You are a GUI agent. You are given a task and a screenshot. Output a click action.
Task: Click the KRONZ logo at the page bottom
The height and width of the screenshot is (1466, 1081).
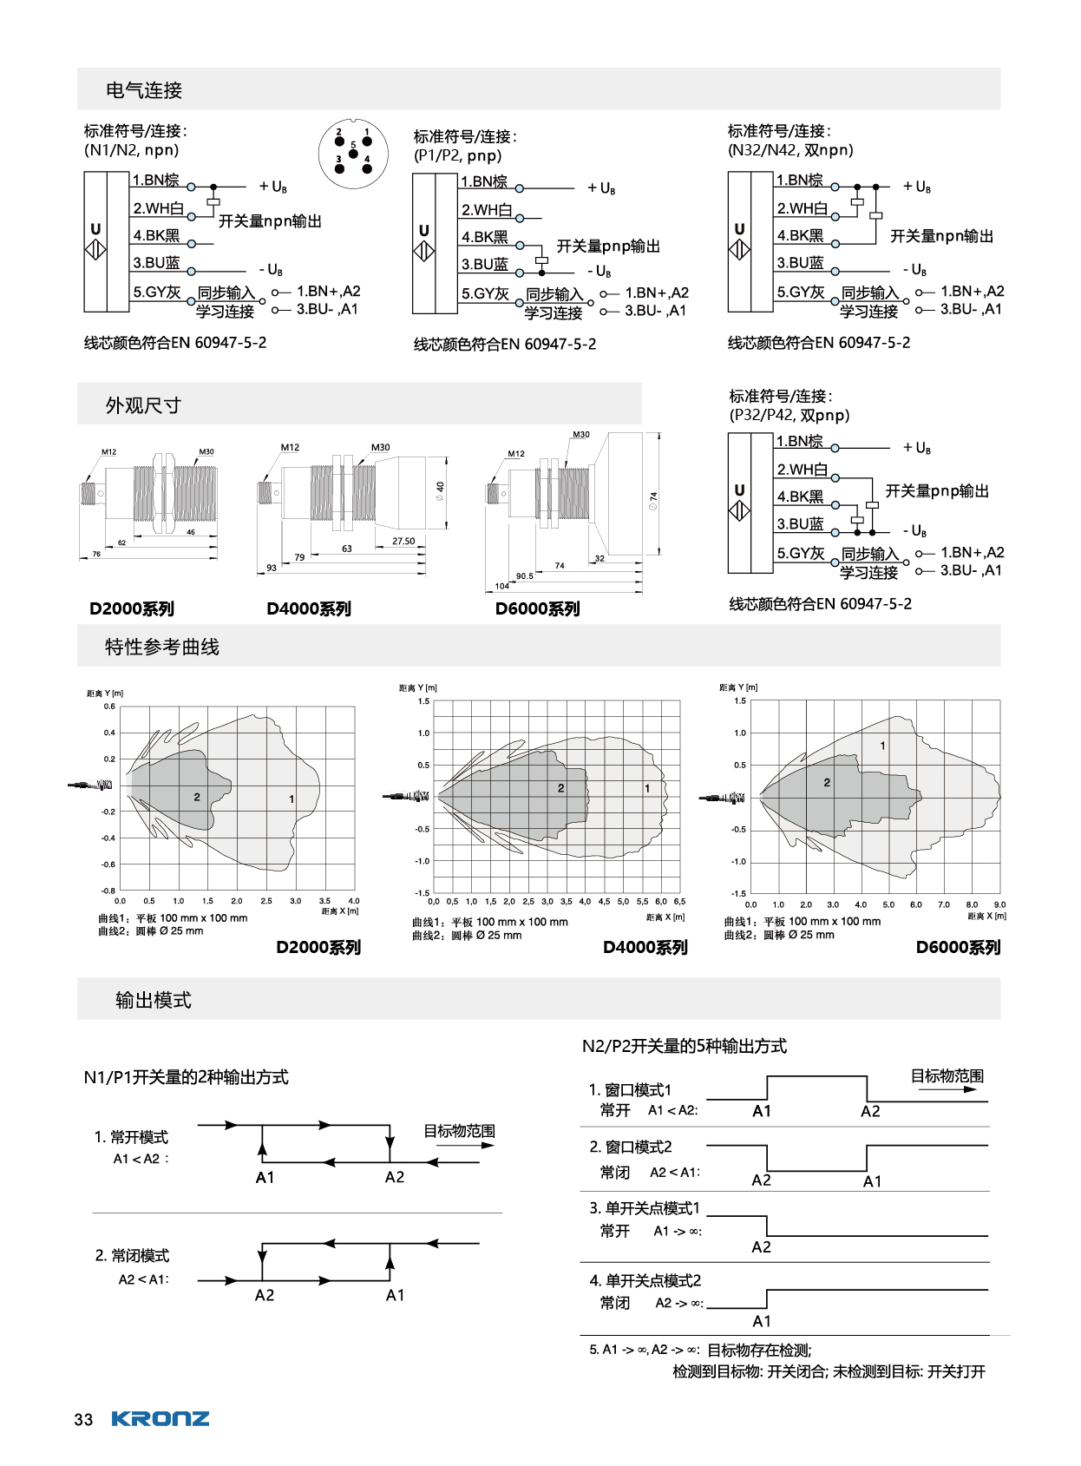pos(161,1419)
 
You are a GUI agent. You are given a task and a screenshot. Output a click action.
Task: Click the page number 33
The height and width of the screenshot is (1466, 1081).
pos(83,1420)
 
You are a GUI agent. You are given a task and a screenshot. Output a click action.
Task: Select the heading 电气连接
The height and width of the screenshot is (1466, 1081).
pos(144,90)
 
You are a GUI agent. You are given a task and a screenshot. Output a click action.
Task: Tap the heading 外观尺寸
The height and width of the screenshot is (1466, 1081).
pos(143,405)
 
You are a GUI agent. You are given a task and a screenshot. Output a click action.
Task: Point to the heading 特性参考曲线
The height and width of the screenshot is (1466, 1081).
pos(162,647)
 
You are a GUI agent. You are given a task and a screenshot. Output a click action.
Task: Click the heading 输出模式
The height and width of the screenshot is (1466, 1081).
pos(154,1000)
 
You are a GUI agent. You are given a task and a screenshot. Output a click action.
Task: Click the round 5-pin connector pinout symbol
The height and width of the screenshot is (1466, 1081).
pos(352,154)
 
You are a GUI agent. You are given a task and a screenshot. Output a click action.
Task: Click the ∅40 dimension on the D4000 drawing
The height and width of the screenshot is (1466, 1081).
pos(440,491)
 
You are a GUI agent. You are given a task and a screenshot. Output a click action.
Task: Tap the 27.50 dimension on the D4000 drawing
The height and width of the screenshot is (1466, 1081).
pos(403,541)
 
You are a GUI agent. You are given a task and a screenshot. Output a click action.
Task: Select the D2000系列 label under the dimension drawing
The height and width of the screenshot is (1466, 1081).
pos(132,608)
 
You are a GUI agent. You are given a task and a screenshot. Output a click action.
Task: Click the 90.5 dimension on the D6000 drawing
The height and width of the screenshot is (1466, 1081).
pos(525,575)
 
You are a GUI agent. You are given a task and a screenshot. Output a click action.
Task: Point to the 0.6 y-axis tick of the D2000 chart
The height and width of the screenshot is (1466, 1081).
pos(109,707)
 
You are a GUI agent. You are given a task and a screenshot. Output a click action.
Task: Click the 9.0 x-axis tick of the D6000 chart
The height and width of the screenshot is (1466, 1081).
pos(999,904)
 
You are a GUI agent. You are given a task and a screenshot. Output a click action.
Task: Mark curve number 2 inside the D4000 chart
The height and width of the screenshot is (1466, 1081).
pos(560,788)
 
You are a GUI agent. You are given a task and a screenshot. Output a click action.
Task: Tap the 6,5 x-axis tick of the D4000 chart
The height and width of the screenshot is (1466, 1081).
pos(679,901)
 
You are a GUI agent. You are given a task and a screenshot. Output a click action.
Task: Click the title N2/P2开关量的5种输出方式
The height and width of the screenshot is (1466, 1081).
pos(685,1046)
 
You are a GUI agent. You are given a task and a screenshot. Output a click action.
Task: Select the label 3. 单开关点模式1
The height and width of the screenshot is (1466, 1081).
pos(645,1208)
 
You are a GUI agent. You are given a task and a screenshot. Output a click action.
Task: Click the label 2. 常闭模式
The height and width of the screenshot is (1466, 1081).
pos(132,1255)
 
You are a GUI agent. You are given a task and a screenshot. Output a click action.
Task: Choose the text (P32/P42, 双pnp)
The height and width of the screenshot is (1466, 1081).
pos(789,415)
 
